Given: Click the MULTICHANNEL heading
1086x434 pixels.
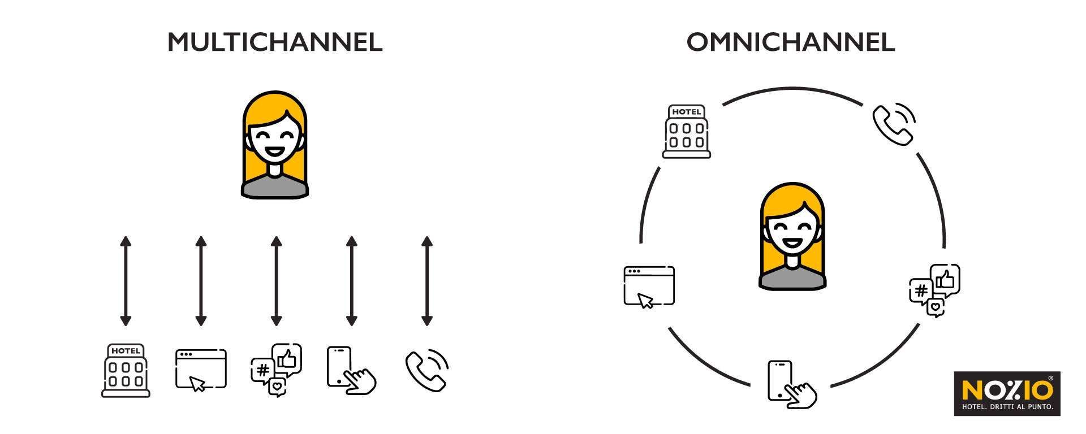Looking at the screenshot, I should [275, 42].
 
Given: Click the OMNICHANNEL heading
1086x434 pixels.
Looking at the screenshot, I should [790, 42].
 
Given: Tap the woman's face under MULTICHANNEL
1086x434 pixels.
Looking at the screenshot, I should [275, 138].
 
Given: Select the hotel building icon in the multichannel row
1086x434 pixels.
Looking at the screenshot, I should [126, 371].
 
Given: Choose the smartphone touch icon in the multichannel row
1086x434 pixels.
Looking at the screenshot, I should [351, 370].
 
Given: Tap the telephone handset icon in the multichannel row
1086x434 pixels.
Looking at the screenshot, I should [427, 370].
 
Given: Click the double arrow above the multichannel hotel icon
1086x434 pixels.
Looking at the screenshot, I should [126, 281].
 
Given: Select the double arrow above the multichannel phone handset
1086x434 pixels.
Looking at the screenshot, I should [427, 281].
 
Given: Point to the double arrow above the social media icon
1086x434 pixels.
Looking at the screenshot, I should [276, 281].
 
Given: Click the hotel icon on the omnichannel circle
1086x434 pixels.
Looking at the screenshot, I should [687, 131].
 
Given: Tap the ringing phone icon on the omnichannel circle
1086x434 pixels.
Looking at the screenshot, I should [894, 124].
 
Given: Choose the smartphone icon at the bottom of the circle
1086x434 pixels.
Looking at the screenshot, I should [791, 384].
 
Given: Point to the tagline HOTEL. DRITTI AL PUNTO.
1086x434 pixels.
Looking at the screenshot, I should [1007, 407].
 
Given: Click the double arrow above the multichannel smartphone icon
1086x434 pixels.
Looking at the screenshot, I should [351, 281].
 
